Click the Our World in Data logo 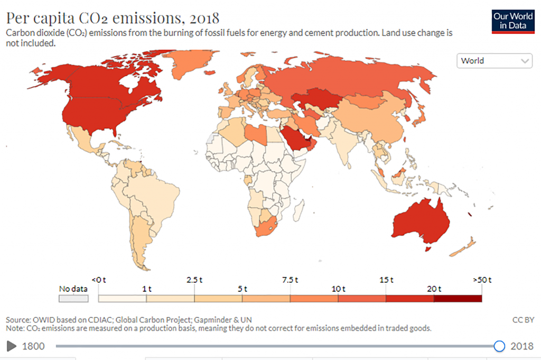[x=512, y=21]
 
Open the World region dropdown [x=494, y=61]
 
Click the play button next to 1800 [x=11, y=346]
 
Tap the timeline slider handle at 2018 [x=499, y=346]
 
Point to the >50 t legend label [x=482, y=279]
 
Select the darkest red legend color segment [x=458, y=298]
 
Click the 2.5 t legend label [x=194, y=279]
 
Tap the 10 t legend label [x=338, y=289]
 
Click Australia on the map [x=420, y=222]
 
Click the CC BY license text [x=523, y=320]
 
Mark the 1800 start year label [x=33, y=346]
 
